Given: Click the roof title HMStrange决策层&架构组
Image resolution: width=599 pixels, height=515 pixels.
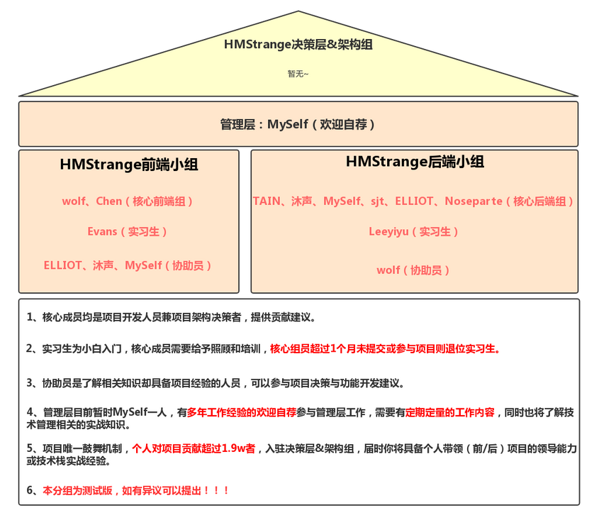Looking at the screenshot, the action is [x=298, y=44].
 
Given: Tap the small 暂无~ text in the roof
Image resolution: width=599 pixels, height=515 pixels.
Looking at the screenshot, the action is [x=298, y=73].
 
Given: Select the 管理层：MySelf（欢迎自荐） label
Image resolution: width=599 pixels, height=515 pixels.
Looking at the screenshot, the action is [x=298, y=125].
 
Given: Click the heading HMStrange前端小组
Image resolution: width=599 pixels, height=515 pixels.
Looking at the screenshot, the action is [x=129, y=165].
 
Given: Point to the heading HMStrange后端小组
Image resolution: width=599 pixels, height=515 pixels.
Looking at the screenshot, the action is [x=415, y=162].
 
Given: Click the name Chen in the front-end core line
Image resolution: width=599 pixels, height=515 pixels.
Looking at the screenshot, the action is [x=109, y=201].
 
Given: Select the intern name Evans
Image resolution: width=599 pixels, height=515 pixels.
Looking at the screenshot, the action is [x=102, y=232].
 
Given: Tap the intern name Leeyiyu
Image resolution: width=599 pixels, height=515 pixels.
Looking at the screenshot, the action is [x=388, y=231].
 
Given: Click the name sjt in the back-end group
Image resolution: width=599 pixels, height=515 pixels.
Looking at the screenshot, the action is [x=379, y=201].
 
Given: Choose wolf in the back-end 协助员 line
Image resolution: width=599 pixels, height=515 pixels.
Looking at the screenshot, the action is [x=388, y=270].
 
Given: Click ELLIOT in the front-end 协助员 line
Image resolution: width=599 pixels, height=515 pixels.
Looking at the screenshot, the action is [x=63, y=266].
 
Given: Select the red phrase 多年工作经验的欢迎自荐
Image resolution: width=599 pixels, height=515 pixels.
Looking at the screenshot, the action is [x=242, y=412].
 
